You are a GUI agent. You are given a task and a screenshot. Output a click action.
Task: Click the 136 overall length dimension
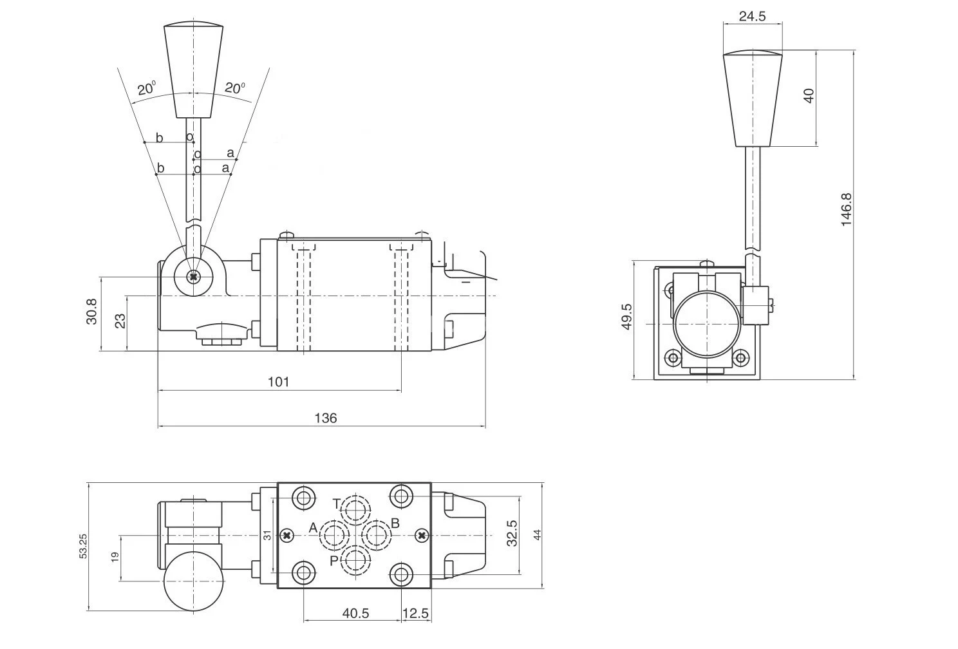325,418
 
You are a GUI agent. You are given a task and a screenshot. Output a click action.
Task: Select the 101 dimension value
278,382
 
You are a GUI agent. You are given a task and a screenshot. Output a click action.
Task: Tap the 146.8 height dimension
846,209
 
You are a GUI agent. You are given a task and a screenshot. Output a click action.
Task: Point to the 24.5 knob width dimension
752,17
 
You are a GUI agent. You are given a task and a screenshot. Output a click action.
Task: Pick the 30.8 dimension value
91,311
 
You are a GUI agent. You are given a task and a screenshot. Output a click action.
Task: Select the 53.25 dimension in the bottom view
83,545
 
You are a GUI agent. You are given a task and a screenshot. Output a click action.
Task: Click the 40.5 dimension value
355,614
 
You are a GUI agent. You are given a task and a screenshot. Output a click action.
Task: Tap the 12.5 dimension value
415,614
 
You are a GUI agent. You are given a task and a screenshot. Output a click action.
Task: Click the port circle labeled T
355,511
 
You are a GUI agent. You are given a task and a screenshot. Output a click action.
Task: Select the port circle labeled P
355,560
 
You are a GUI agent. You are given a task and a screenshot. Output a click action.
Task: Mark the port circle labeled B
377,535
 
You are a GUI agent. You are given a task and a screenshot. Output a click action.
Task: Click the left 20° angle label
146,88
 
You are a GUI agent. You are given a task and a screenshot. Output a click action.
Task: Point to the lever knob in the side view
193,71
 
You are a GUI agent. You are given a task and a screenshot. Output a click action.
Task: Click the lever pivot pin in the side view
193,277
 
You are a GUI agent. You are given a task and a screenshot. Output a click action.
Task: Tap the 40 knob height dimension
809,93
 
